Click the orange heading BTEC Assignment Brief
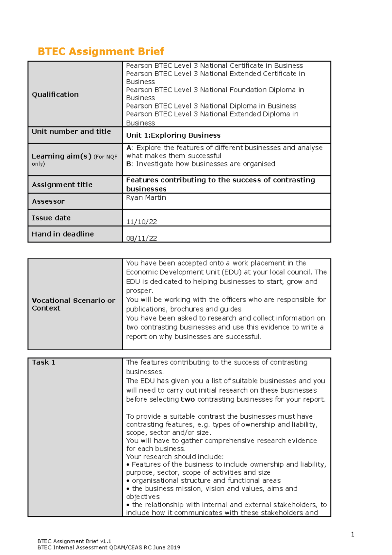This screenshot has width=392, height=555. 101,51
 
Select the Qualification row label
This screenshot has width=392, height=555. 55,94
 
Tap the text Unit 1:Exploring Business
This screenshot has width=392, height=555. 173,135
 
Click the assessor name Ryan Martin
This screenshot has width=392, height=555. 146,197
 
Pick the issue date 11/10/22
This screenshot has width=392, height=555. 141,222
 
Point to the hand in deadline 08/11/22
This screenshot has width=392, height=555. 141,238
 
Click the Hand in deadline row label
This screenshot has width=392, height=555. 63,234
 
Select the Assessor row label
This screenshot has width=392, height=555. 48,201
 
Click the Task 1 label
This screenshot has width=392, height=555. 44,362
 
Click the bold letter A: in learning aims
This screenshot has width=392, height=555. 129,148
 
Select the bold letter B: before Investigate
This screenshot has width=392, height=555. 129,164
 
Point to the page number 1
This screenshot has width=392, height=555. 352,534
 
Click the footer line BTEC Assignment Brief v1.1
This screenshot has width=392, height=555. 74,541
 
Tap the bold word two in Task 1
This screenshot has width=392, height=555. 188,399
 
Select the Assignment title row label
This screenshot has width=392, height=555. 62,185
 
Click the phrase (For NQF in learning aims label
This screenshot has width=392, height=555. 106,157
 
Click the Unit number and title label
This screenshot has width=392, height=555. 71,131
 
